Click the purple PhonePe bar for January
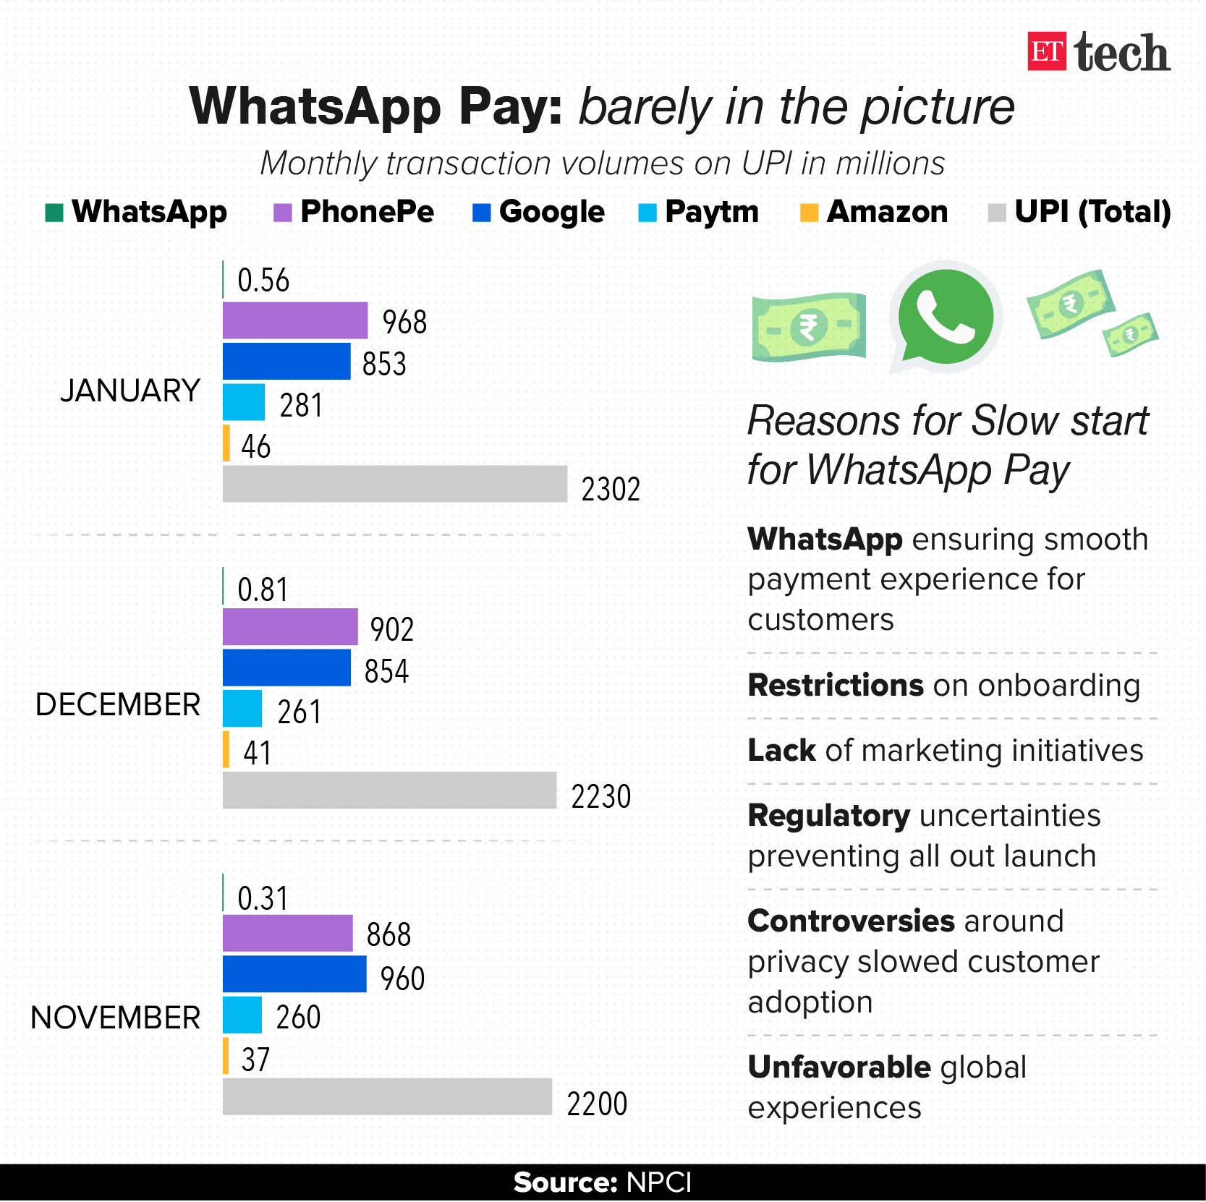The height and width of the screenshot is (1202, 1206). (294, 320)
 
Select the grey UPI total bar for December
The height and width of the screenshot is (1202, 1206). (389, 790)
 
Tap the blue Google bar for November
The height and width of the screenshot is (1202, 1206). (294, 974)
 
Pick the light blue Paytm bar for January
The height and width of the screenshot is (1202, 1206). (244, 402)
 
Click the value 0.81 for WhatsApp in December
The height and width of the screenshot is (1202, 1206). (263, 589)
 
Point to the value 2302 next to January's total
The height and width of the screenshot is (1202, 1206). (611, 490)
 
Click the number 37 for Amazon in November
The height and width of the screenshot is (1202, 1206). (255, 1060)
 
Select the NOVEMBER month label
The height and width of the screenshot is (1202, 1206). (116, 1018)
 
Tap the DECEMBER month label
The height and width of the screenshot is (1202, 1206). (118, 704)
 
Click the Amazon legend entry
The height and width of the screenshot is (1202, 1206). (874, 212)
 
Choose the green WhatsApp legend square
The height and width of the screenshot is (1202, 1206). (54, 213)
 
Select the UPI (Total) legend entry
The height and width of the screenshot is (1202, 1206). (1079, 212)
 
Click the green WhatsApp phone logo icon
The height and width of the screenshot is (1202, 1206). (945, 317)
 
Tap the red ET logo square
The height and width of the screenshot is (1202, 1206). (1046, 51)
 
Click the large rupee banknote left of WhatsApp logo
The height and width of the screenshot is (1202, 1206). (809, 328)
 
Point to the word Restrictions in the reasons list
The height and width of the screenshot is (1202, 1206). (836, 686)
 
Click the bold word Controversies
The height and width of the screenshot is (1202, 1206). (851, 921)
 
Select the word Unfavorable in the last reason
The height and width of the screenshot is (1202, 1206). (839, 1067)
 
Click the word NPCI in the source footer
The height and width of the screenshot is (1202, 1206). (658, 1182)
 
